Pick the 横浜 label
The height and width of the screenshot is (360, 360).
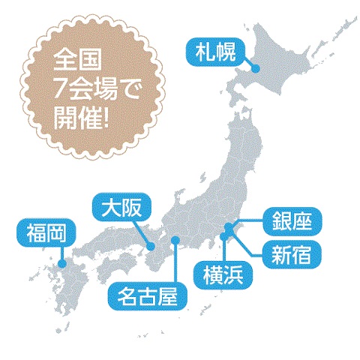pyautogui.click(x=223, y=274)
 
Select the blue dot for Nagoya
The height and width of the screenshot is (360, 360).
pyautogui.click(x=175, y=241)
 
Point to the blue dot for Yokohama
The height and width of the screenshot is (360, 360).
pyautogui.click(x=224, y=238)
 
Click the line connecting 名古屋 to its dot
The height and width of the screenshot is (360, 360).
pyautogui.click(x=175, y=262)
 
